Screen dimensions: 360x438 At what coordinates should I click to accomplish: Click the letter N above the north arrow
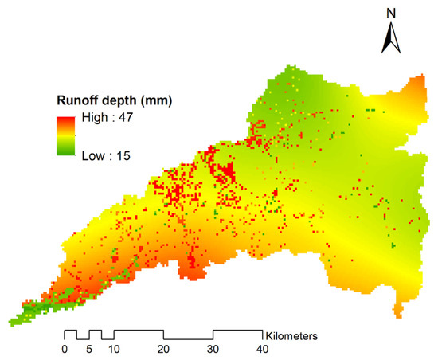pos(391,13)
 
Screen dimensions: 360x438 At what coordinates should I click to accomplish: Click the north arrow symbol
pos(391,37)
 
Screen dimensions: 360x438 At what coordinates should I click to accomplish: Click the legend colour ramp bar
pos(68,136)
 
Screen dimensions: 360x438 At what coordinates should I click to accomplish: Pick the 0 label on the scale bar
pos(65,349)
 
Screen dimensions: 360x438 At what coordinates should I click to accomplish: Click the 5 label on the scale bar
pos(90,349)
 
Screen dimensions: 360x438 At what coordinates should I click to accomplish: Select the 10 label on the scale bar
pos(115,349)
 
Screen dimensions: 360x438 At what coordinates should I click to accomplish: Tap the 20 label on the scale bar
pos(164,349)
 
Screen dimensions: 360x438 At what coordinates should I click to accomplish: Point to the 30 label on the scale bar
pos(213,349)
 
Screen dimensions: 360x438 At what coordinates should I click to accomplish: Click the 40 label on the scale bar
pos(263,349)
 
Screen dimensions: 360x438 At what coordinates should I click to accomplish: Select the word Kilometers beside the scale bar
pos(292,336)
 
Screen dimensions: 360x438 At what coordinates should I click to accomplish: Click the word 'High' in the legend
pos(92,118)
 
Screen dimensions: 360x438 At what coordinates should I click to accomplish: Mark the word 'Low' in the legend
pos(92,155)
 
